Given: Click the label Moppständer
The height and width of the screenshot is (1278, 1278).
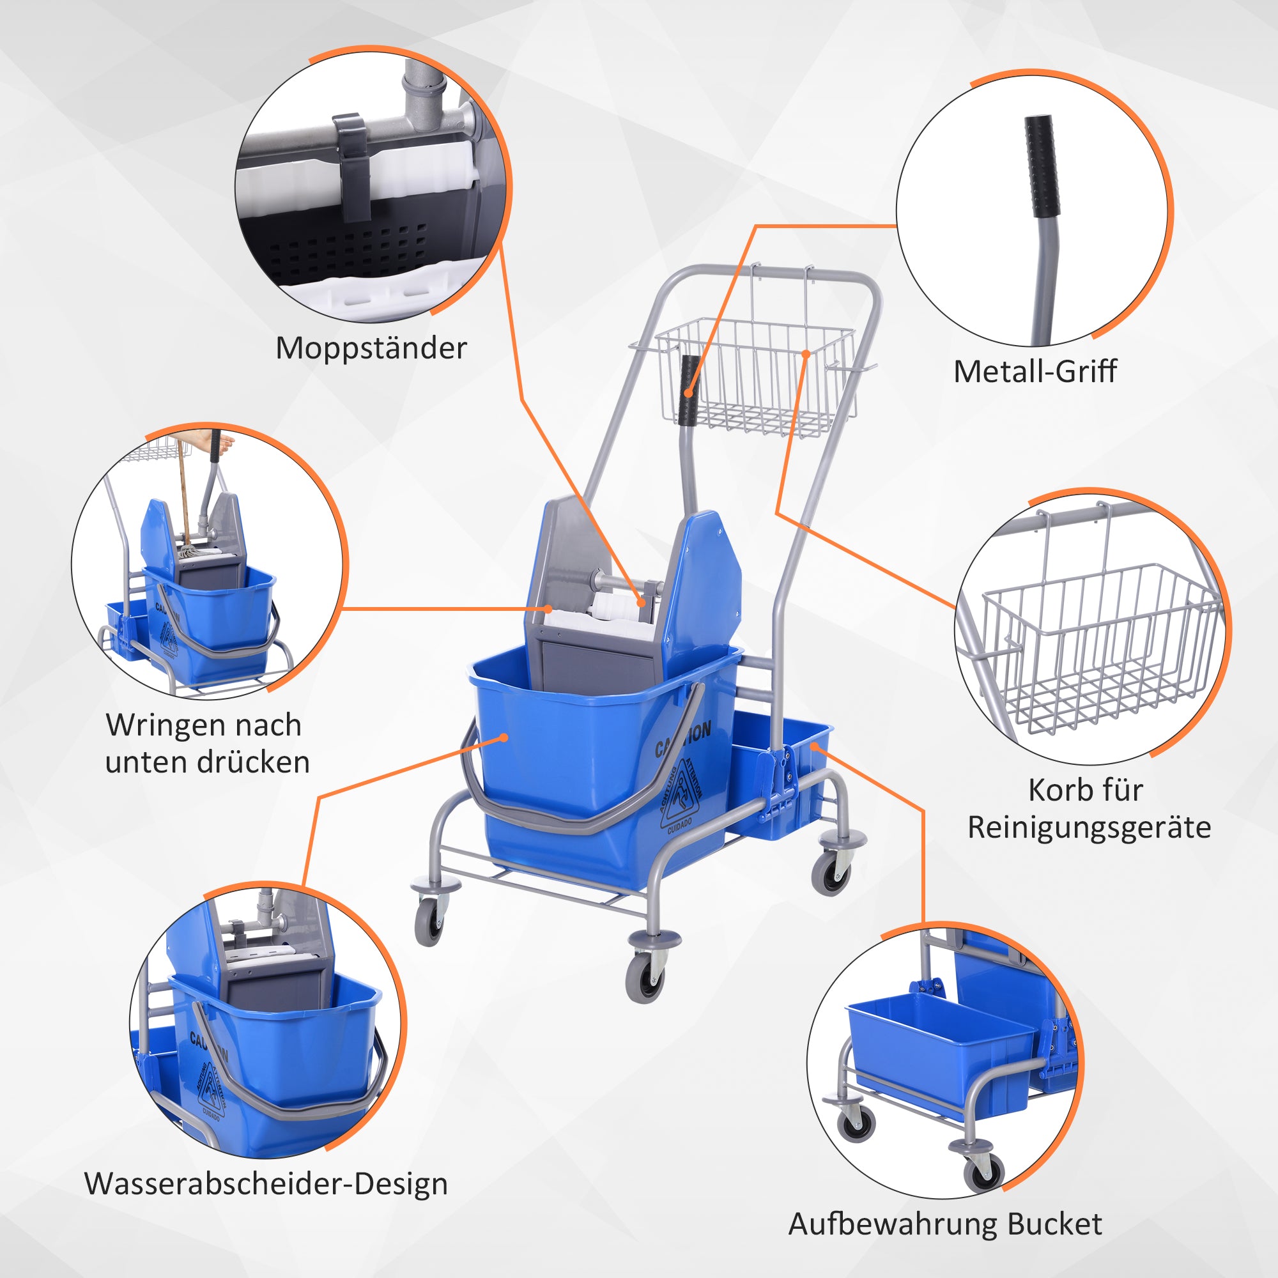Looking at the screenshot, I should (x=371, y=349).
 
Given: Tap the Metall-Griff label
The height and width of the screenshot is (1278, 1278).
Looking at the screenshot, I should (x=1035, y=372).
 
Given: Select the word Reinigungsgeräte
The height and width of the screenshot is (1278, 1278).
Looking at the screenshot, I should (x=1089, y=828).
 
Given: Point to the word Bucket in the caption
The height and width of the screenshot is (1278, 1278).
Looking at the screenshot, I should (x=1055, y=1224).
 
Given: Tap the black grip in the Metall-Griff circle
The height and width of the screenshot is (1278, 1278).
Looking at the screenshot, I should (x=1042, y=166).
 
